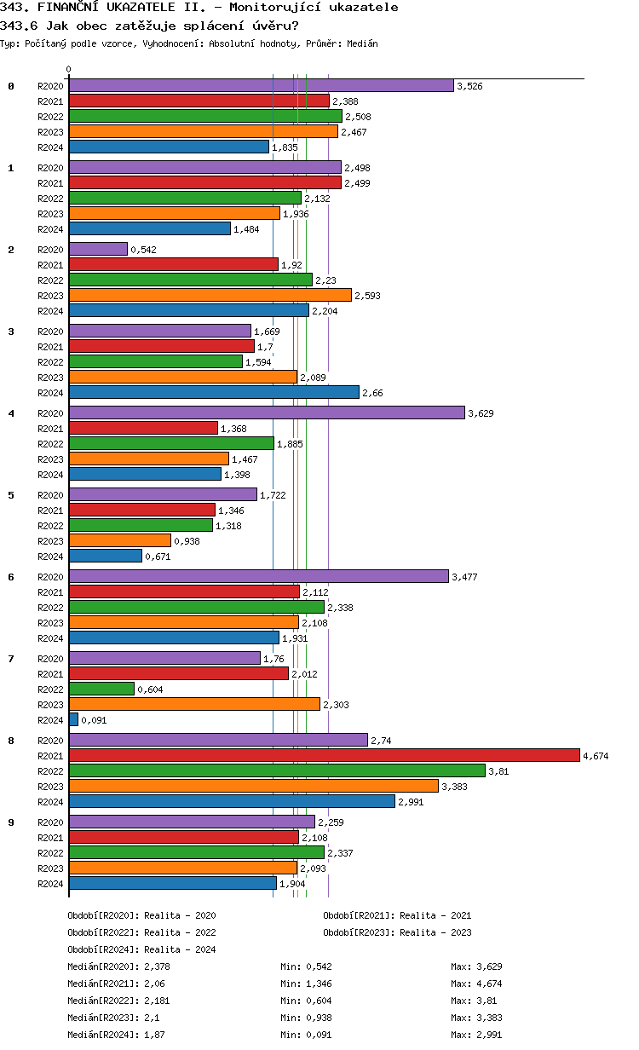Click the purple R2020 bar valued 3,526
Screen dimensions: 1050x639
click(261, 86)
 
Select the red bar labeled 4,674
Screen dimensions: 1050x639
click(324, 755)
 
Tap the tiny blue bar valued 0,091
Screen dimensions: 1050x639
click(74, 720)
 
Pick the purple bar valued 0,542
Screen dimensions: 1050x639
click(98, 250)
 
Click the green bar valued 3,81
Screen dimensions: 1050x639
click(277, 770)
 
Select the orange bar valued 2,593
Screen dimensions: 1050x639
click(210, 295)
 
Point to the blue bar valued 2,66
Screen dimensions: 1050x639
click(214, 393)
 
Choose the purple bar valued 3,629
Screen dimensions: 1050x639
click(267, 413)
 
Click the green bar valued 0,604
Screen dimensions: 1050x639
click(101, 689)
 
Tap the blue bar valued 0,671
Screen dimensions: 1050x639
click(105, 557)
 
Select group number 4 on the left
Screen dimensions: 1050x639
click(11, 413)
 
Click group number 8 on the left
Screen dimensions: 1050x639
click(11, 741)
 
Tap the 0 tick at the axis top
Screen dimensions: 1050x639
click(69, 70)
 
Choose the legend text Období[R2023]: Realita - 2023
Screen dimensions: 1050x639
click(397, 932)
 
